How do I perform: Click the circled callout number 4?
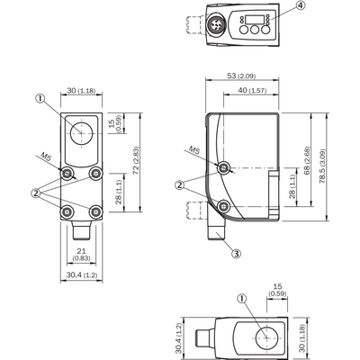(302, 6)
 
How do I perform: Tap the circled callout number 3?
(237, 254)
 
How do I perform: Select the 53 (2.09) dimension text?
(241, 76)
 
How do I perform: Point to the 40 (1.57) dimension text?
(252, 90)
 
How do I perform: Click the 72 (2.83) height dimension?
(136, 160)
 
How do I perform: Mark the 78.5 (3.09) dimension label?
(323, 166)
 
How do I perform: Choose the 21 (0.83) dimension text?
(81, 254)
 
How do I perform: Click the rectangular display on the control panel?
(254, 20)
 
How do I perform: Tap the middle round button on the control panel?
(255, 30)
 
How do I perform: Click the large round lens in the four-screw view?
(81, 133)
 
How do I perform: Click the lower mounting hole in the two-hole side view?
(223, 206)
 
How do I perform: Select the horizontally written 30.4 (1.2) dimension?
(81, 274)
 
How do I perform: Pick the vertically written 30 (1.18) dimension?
(302, 338)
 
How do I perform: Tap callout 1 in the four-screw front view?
(40, 97)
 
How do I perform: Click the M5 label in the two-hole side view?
(194, 150)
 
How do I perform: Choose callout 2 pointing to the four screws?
(35, 193)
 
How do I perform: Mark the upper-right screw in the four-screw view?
(96, 173)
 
